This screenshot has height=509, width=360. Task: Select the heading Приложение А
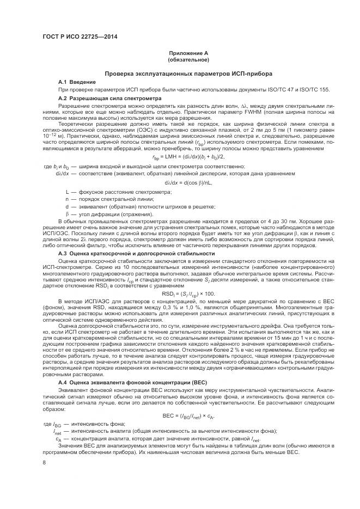(x=188, y=53)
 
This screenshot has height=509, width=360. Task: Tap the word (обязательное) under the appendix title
(x=188, y=59)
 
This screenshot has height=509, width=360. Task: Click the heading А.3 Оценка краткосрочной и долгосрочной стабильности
(x=136, y=253)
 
